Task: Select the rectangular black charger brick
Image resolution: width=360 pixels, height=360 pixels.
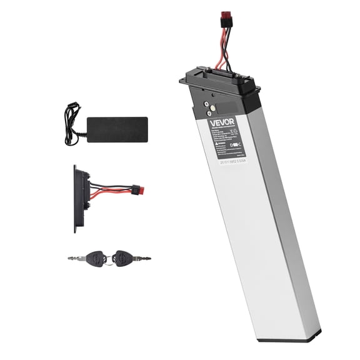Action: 117,129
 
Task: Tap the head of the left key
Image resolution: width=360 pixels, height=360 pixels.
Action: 96,256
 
